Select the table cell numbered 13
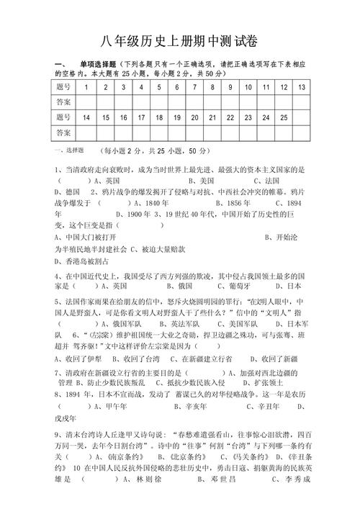point(301,86)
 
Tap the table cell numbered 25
point(284,117)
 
